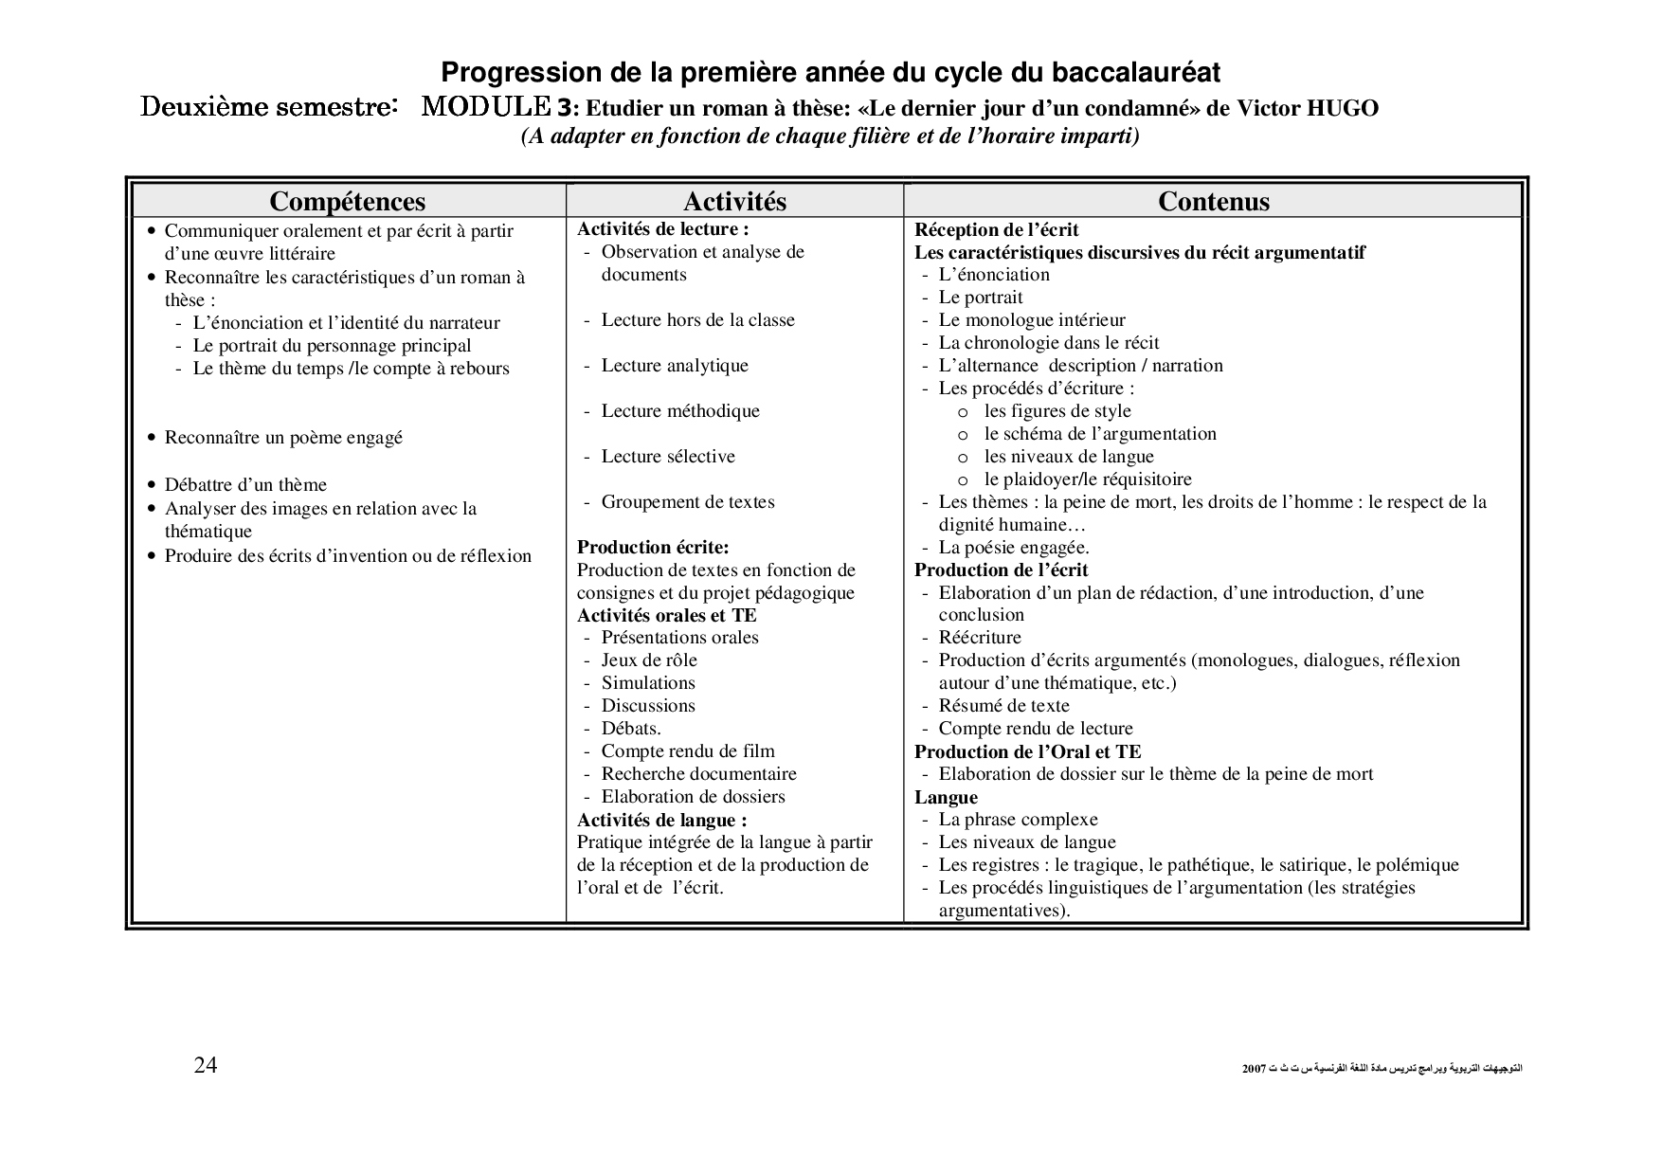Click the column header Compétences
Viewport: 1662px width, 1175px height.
pyautogui.click(x=347, y=202)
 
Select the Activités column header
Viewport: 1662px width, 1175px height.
pyautogui.click(x=734, y=202)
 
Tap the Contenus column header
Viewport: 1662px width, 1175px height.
pyautogui.click(x=1213, y=202)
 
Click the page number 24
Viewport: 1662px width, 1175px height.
pyautogui.click(x=206, y=1066)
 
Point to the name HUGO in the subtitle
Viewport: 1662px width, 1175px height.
pyautogui.click(x=1343, y=108)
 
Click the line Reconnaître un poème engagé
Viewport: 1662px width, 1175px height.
pyautogui.click(x=283, y=438)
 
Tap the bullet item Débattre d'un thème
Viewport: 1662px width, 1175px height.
pyautogui.click(x=245, y=485)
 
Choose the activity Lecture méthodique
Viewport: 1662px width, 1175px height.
pyautogui.click(x=679, y=411)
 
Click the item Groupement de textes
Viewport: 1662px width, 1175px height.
pyautogui.click(x=687, y=502)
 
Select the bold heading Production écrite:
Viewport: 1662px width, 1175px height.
pyautogui.click(x=653, y=548)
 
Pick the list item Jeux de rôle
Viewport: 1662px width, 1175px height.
pyautogui.click(x=648, y=660)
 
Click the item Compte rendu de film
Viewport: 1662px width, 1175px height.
pyautogui.click(x=687, y=751)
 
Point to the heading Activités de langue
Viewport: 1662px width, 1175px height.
pyautogui.click(x=661, y=821)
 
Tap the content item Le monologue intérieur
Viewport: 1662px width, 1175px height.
pyautogui.click(x=1031, y=320)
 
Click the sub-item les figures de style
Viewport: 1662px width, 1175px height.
pyautogui.click(x=1057, y=411)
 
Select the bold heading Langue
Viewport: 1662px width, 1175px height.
pyautogui.click(x=946, y=798)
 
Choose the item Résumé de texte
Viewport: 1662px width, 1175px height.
pyautogui.click(x=1003, y=706)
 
